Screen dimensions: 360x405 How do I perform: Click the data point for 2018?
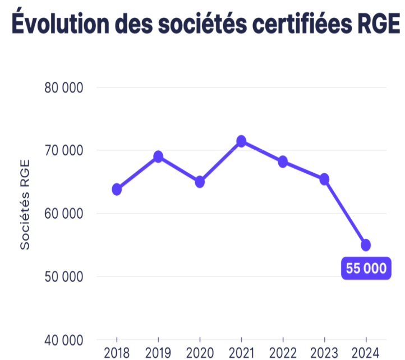(117, 189)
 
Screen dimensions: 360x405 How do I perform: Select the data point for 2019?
(158, 156)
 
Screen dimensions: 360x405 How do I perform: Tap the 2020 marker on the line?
(200, 182)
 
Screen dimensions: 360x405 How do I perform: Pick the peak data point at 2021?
(241, 141)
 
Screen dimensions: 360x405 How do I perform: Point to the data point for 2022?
(283, 161)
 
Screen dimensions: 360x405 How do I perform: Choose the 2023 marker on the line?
(324, 179)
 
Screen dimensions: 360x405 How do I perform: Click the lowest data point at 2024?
(366, 244)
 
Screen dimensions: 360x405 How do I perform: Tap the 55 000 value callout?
(366, 269)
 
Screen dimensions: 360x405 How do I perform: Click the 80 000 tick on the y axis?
(63, 87)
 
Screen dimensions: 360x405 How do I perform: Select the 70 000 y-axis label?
(63, 151)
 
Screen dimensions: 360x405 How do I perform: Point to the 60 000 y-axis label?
(63, 214)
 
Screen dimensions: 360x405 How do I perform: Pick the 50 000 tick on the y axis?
(63, 277)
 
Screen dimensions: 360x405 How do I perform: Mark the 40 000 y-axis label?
(63, 340)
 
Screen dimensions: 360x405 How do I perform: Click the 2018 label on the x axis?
(117, 353)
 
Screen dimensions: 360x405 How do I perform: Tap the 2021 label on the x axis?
(241, 353)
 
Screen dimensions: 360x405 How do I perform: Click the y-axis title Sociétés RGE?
(25, 205)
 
